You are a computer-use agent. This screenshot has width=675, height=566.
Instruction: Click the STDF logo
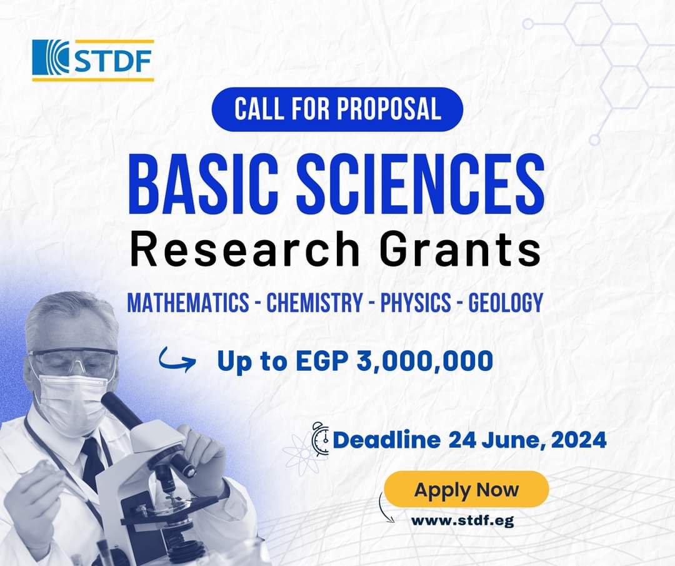tap(93, 61)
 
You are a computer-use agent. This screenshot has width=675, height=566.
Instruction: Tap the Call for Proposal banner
tap(337, 109)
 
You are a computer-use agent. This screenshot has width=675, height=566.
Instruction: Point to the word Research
tap(245, 249)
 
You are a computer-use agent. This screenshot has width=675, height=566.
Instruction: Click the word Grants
tap(461, 249)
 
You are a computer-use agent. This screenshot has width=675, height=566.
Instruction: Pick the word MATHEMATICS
tap(188, 302)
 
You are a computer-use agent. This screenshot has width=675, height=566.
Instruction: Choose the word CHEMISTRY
tap(314, 302)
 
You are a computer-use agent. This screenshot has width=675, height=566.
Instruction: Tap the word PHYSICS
tap(416, 302)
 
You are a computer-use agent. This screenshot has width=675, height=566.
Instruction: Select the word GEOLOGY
tap(506, 302)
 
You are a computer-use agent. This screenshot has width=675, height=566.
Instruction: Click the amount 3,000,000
tap(425, 361)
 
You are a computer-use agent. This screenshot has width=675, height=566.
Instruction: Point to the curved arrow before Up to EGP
tap(176, 360)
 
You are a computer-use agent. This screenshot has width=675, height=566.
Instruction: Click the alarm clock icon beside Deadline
tap(320, 438)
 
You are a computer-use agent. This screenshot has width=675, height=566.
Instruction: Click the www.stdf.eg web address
tap(462, 521)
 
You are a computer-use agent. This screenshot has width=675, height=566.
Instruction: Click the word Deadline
tap(387, 440)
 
